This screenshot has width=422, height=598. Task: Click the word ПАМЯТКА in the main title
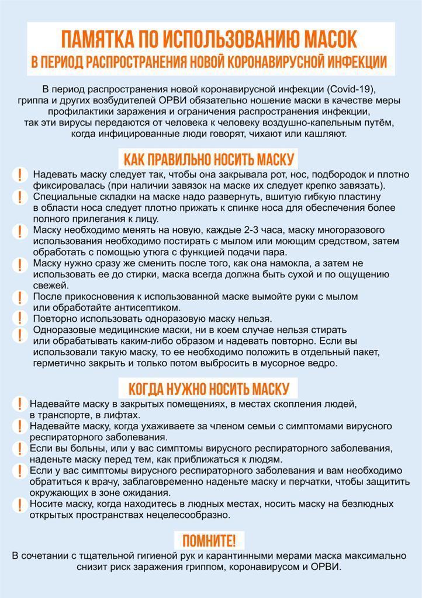tap(98, 40)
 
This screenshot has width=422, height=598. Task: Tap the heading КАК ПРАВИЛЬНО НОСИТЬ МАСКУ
tap(209, 159)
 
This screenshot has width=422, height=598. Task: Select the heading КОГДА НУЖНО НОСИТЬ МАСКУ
tap(209, 388)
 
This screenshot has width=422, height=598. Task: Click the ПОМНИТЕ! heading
tap(209, 540)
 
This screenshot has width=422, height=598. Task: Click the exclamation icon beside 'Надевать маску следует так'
tap(21, 175)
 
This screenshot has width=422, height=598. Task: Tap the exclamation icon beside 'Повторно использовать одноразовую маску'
tap(21, 319)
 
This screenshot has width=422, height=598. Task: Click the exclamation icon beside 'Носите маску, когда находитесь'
tap(19, 503)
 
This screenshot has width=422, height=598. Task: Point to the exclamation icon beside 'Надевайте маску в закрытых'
tap(19, 404)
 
